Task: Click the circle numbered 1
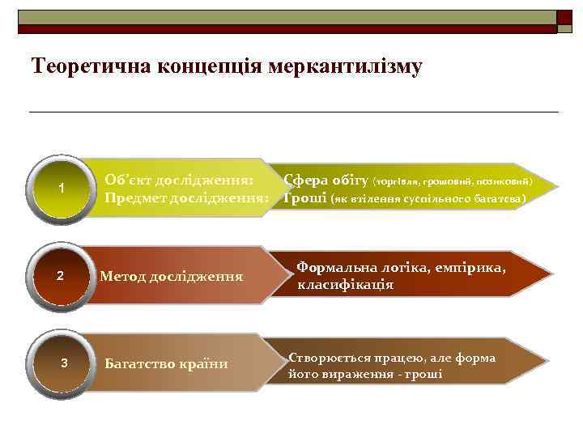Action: tap(62, 189)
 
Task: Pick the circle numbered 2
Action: tap(62, 277)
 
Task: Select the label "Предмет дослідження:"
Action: tap(187, 197)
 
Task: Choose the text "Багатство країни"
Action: tap(166, 364)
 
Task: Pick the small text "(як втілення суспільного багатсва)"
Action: tap(428, 198)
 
